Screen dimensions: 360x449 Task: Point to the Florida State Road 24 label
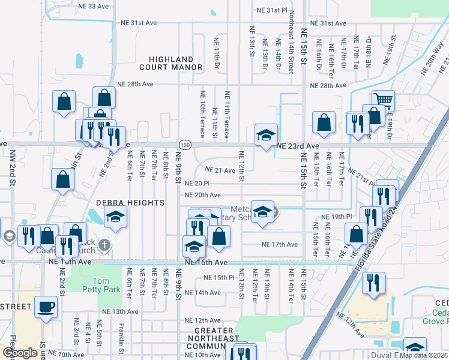[375, 237]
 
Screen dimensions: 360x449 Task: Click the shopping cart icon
[382, 101]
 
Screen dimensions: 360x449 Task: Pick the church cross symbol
[104, 245]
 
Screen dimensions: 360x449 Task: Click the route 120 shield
[185, 146]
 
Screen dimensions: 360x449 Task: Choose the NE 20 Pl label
[197, 184]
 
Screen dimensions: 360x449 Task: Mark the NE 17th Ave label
[279, 245]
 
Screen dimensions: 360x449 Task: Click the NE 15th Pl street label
[218, 278]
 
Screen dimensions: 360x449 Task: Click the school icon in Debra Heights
[116, 218]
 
